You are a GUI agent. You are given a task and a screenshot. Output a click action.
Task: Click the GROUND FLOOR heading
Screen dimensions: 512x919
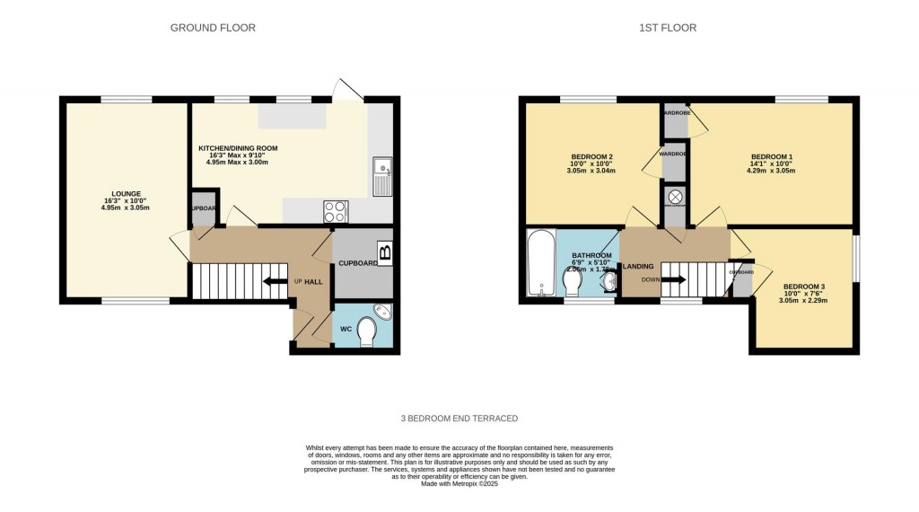[213, 28]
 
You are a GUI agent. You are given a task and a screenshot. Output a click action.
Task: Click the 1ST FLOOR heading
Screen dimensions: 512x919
[667, 28]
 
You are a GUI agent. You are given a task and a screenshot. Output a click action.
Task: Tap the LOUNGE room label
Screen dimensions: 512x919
[125, 193]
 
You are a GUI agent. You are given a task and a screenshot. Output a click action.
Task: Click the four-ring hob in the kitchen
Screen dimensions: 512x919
[336, 211]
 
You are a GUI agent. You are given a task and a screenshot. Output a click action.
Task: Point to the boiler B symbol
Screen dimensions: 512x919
[385, 252]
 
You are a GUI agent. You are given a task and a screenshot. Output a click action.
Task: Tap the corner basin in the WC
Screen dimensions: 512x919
[383, 312]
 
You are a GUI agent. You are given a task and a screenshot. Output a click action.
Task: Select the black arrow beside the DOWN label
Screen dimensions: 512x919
[673, 279]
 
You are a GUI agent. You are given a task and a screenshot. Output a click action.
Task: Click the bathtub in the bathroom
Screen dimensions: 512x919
[541, 263]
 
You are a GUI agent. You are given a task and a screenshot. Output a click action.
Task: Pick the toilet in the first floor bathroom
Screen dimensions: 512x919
[572, 283]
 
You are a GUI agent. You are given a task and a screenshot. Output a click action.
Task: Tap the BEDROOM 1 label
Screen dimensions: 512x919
[771, 158]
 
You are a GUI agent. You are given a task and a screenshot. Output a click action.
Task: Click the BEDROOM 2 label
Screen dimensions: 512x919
[591, 158]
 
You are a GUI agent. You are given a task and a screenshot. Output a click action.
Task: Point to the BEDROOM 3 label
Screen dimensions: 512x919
[803, 287]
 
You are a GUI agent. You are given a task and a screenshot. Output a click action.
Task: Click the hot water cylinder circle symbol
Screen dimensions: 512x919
[675, 196]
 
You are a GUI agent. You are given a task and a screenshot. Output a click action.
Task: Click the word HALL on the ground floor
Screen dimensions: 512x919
[313, 282]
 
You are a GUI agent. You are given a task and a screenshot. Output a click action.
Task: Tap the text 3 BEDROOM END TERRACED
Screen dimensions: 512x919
[459, 419]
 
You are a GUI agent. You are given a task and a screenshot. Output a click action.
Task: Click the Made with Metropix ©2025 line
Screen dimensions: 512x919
[459, 484]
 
